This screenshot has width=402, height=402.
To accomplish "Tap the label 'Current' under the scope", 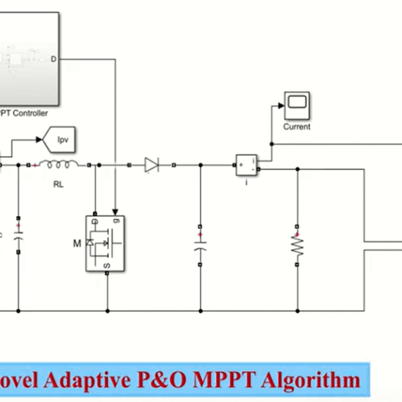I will (x=296, y=126).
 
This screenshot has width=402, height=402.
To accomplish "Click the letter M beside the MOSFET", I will (x=76, y=241).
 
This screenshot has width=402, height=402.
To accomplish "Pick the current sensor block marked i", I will (x=245, y=164).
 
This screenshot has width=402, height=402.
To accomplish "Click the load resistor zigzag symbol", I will (x=297, y=249).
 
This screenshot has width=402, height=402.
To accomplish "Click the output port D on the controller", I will (x=54, y=60).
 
